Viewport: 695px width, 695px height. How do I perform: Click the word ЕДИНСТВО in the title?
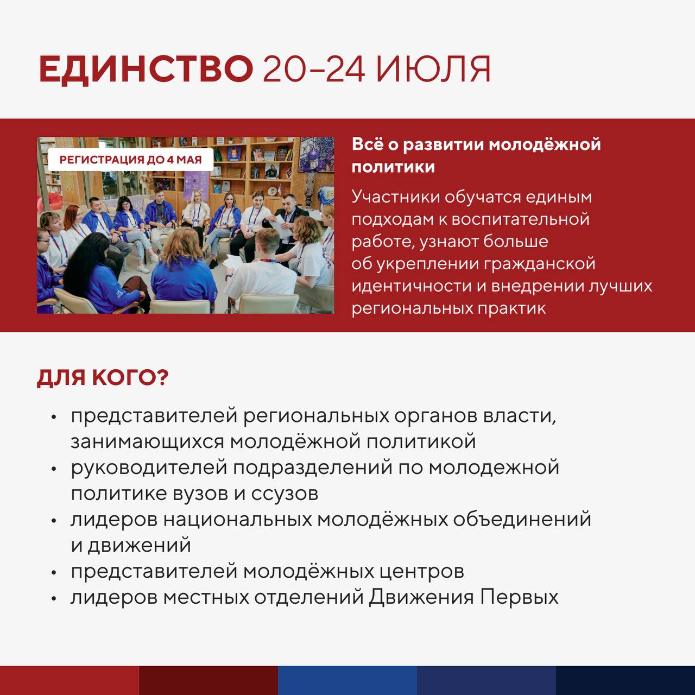coord(146,69)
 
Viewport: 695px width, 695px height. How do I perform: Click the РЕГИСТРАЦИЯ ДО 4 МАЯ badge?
coord(130,160)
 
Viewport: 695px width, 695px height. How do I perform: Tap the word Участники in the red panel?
coord(395,196)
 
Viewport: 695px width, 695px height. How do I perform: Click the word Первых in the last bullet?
coord(519,597)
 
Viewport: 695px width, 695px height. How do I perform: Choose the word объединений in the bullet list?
coord(522,519)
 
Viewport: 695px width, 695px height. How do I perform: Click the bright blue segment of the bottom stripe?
coord(347,680)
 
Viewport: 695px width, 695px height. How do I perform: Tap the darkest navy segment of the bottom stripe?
coord(625,680)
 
